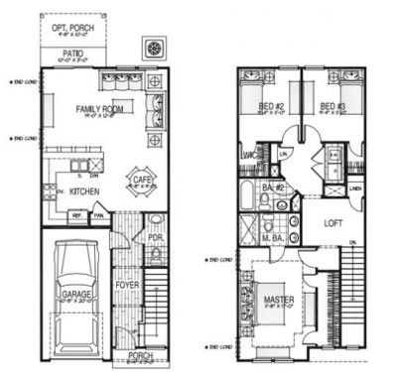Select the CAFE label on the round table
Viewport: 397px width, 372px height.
(x=138, y=178)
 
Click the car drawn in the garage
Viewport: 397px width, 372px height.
(x=75, y=288)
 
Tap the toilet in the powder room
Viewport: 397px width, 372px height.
(x=156, y=222)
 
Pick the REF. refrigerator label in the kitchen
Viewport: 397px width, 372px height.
(x=75, y=214)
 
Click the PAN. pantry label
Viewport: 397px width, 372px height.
(x=97, y=214)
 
